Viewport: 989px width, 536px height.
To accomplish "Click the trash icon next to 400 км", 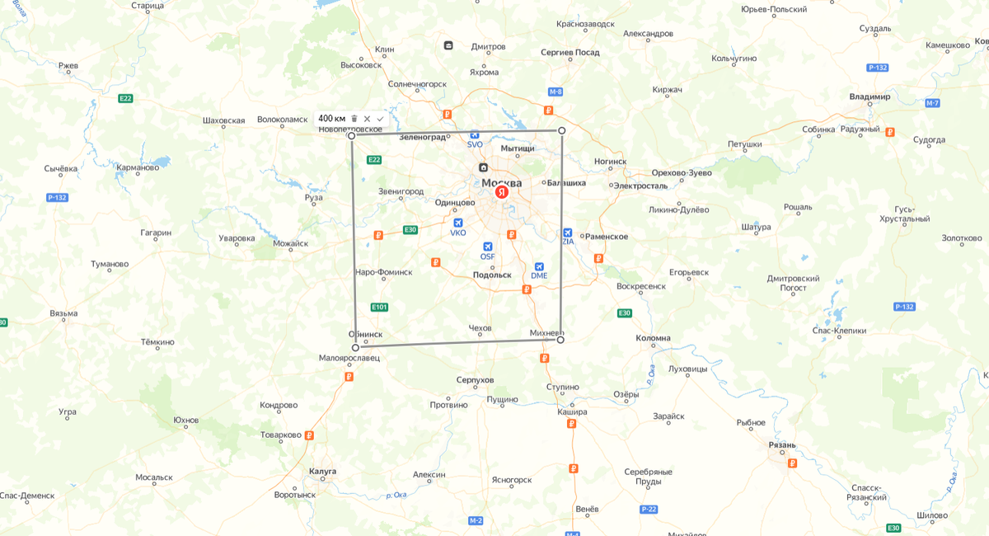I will tap(354, 119).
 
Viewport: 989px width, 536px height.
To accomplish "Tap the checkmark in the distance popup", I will tap(380, 119).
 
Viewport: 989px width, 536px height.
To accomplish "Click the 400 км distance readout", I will tap(331, 119).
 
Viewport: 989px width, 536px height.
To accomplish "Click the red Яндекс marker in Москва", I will tap(501, 192).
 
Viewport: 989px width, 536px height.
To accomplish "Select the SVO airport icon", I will tap(475, 134).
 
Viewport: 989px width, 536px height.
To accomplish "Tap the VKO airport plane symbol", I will tap(458, 223).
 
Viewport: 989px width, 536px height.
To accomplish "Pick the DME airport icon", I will tap(539, 266).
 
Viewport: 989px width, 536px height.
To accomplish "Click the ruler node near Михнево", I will tap(560, 340).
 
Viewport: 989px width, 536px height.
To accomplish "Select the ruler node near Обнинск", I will tap(355, 348).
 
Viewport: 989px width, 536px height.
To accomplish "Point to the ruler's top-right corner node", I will tap(562, 131).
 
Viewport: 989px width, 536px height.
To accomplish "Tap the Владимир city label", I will tap(869, 96).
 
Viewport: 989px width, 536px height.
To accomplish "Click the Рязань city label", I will tap(782, 445).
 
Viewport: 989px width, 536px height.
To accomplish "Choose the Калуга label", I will tap(322, 472).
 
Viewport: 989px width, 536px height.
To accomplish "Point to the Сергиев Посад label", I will tap(569, 52).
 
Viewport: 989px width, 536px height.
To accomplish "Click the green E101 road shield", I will tap(379, 307).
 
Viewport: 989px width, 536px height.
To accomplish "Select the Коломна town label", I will tap(653, 338).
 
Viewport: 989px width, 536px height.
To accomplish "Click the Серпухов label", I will tap(475, 380).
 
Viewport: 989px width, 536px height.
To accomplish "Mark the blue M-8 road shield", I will tap(555, 92).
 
